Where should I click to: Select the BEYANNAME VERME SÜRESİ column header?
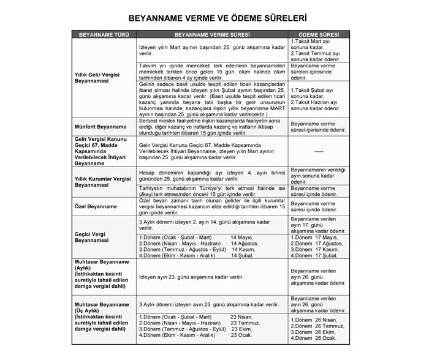click(x=212, y=35)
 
